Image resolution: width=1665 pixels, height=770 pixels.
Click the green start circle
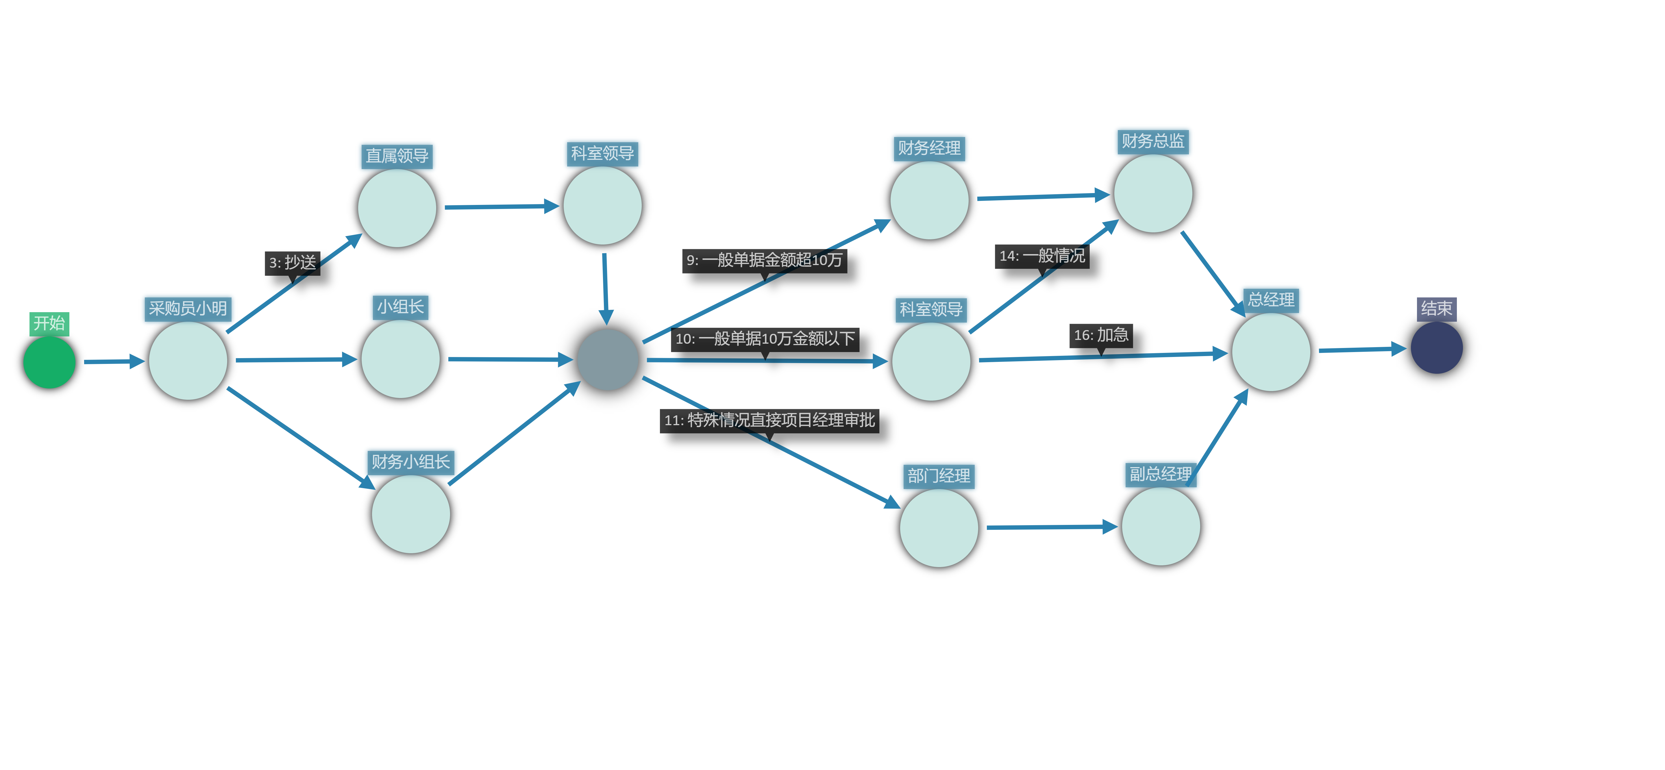tap(49, 362)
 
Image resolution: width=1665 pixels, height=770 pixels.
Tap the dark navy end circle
tap(1436, 348)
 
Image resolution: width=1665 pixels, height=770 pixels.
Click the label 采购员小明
tap(187, 308)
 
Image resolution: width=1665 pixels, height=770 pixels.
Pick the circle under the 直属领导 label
tap(397, 208)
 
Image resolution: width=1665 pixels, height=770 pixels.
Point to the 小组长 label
tap(400, 306)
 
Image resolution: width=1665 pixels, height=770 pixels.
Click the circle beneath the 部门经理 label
tap(939, 528)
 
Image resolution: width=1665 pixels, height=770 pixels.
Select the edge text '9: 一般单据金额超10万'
tap(764, 260)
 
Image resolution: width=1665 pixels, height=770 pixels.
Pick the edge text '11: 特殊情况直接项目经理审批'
tap(769, 420)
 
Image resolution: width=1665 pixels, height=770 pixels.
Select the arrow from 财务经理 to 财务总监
tap(1042, 197)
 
